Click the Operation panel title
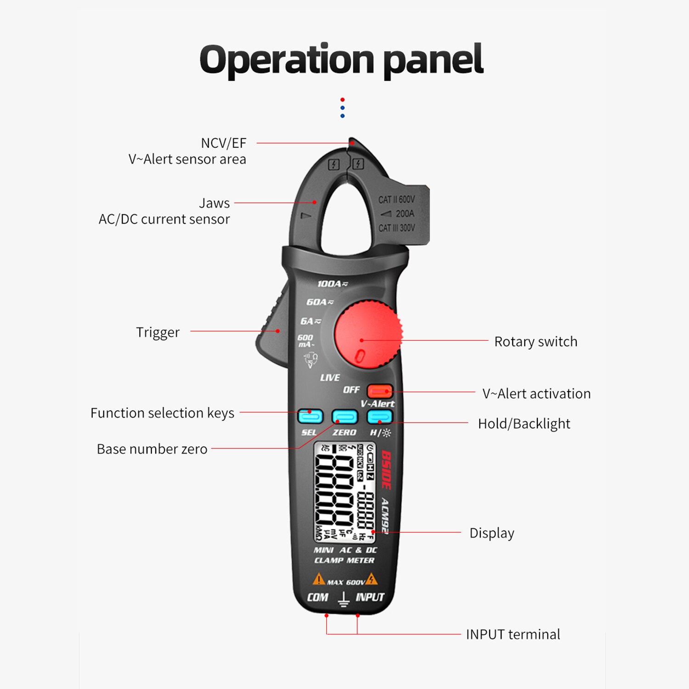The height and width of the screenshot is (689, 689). [341, 60]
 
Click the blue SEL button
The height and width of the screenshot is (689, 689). [310, 417]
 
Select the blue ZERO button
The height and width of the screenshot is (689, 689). [344, 417]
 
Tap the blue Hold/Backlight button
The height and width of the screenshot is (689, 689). [379, 417]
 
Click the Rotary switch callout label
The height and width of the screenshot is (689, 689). [536, 342]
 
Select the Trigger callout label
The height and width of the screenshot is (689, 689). [158, 332]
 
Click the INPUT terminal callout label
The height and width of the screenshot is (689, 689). [513, 634]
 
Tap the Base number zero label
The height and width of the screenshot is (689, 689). [152, 449]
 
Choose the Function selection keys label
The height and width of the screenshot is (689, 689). [162, 413]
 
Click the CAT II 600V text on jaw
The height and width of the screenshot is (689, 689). [396, 199]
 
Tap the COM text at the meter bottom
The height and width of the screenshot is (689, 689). [317, 597]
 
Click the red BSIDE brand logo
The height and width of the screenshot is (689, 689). [386, 469]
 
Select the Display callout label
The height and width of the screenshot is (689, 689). [491, 533]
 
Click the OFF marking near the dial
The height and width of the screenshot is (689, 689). [351, 390]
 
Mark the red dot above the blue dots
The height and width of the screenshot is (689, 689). [342, 100]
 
